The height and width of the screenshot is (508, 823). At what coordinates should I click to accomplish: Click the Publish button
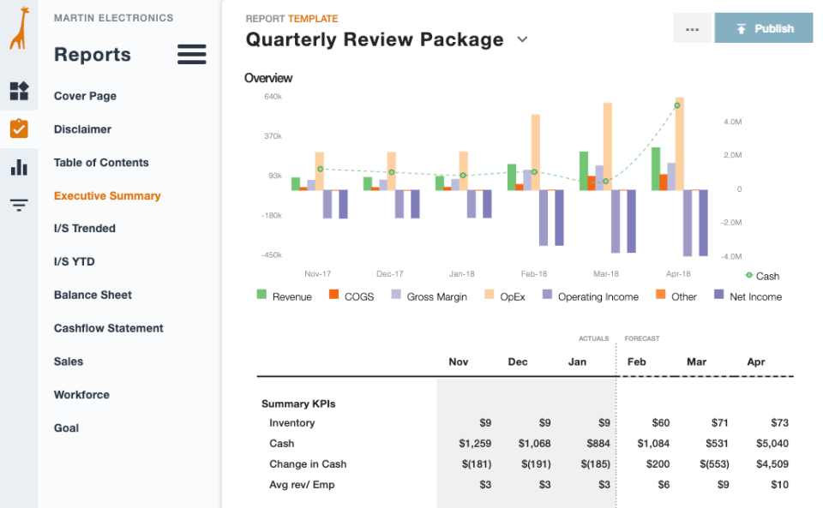[x=763, y=28]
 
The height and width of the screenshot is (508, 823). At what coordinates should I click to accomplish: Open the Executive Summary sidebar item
[x=107, y=196]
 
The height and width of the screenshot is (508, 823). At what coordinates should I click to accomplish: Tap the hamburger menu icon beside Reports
[x=191, y=55]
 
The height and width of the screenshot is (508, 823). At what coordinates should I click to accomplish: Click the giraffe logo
[x=19, y=29]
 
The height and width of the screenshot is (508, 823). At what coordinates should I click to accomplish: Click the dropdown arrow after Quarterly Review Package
[x=522, y=39]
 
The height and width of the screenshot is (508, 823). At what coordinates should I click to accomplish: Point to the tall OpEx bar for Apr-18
[x=680, y=141]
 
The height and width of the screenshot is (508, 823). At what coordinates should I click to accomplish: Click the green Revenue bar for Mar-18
[x=584, y=170]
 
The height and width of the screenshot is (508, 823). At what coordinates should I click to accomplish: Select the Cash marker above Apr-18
[x=677, y=105]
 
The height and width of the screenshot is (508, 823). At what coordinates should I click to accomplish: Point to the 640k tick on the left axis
[x=273, y=97]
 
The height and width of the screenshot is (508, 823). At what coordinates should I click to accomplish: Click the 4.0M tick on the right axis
[x=732, y=122]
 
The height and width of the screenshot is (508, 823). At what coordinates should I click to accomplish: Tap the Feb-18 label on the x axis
[x=533, y=274]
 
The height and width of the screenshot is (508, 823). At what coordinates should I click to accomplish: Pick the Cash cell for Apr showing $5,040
[x=772, y=444]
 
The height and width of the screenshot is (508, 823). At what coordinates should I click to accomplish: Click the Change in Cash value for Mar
[x=712, y=464]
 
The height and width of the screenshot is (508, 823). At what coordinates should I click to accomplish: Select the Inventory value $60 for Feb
[x=660, y=423]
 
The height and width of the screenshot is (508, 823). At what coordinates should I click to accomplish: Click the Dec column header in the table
[x=518, y=362]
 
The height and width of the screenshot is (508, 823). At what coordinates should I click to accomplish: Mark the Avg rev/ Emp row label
[x=302, y=485]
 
